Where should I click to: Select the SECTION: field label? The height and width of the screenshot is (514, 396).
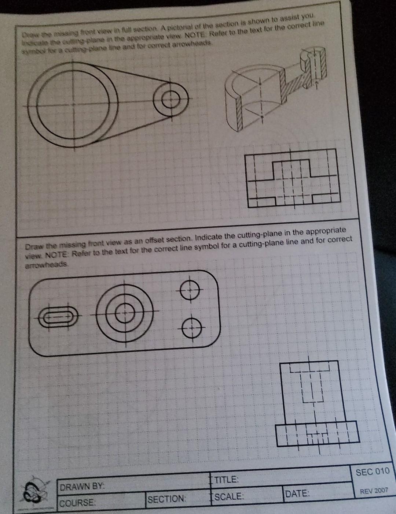pyautogui.click(x=167, y=499)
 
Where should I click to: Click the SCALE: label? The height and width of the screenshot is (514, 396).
pyautogui.click(x=229, y=496)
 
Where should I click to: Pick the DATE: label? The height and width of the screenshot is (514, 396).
pyautogui.click(x=297, y=493)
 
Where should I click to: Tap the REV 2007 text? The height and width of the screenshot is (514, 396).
pyautogui.click(x=373, y=491)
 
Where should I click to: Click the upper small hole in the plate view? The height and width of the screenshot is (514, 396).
pyautogui.click(x=190, y=291)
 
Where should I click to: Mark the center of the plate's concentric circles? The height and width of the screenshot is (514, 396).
pyautogui.click(x=125, y=314)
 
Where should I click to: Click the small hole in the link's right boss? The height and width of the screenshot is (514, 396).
pyautogui.click(x=170, y=99)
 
